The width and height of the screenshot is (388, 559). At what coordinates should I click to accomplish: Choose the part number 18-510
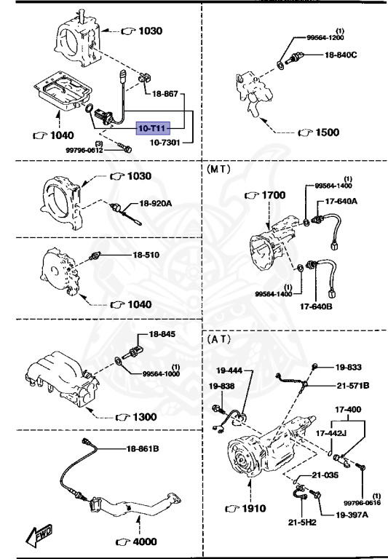[x=146, y=255]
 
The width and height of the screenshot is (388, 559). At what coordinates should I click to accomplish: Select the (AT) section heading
[x=219, y=339]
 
